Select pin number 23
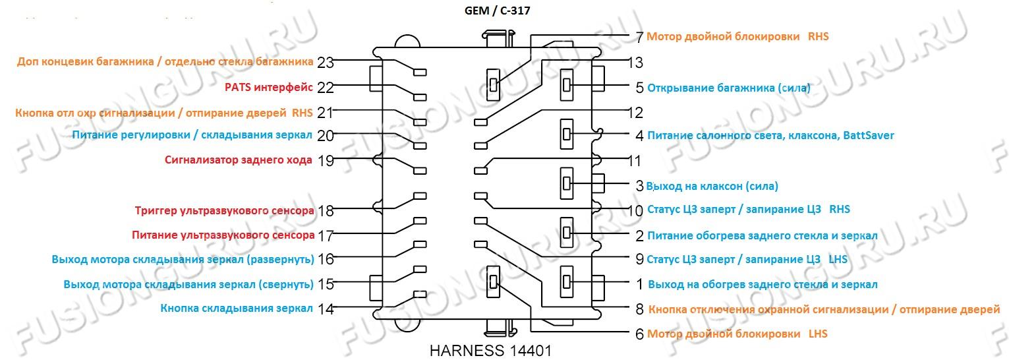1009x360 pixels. tap(326, 63)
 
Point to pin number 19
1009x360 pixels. tap(326, 160)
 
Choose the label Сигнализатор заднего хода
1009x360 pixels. tap(238, 160)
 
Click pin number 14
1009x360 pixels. tap(326, 309)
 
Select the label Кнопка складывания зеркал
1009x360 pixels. tap(237, 309)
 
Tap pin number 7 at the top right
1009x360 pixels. tap(639, 37)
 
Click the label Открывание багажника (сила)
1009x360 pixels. tap(729, 87)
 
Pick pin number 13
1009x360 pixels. tap(635, 63)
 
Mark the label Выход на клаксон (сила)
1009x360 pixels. tap(712, 186)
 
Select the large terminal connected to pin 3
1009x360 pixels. tap(566, 184)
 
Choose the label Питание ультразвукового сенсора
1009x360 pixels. tap(223, 235)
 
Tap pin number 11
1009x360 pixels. tap(634, 160)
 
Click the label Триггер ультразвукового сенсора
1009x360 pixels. tap(224, 211)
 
